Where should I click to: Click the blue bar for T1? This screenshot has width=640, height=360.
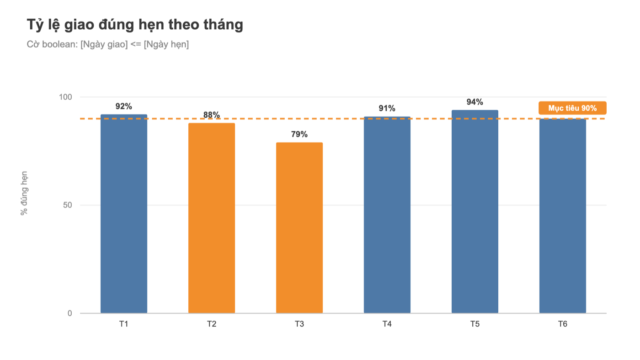(124, 214)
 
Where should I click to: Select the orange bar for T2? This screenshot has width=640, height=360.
(211, 218)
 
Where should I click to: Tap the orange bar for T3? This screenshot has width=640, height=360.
(299, 228)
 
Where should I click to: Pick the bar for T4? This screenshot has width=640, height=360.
(387, 215)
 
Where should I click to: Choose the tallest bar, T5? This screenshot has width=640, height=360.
(475, 212)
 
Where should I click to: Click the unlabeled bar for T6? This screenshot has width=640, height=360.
(563, 216)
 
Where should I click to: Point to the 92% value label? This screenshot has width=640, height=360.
(124, 107)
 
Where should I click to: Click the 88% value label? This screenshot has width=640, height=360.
(211, 115)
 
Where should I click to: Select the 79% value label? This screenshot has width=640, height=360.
(299, 134)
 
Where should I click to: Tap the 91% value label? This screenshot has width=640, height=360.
(387, 108)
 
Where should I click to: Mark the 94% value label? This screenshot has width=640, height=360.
(475, 102)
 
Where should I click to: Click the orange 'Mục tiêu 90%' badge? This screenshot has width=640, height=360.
(572, 108)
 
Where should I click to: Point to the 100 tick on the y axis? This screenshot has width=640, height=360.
(65, 97)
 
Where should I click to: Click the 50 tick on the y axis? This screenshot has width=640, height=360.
(68, 205)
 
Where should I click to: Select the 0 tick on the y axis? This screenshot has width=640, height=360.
(69, 313)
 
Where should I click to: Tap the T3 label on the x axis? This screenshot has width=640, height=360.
(299, 324)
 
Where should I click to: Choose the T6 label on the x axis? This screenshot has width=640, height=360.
(563, 324)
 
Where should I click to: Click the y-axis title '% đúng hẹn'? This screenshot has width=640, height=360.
(24, 193)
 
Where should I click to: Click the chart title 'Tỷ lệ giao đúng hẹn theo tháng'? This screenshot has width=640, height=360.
(135, 25)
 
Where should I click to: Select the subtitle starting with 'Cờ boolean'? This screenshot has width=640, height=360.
(108, 44)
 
